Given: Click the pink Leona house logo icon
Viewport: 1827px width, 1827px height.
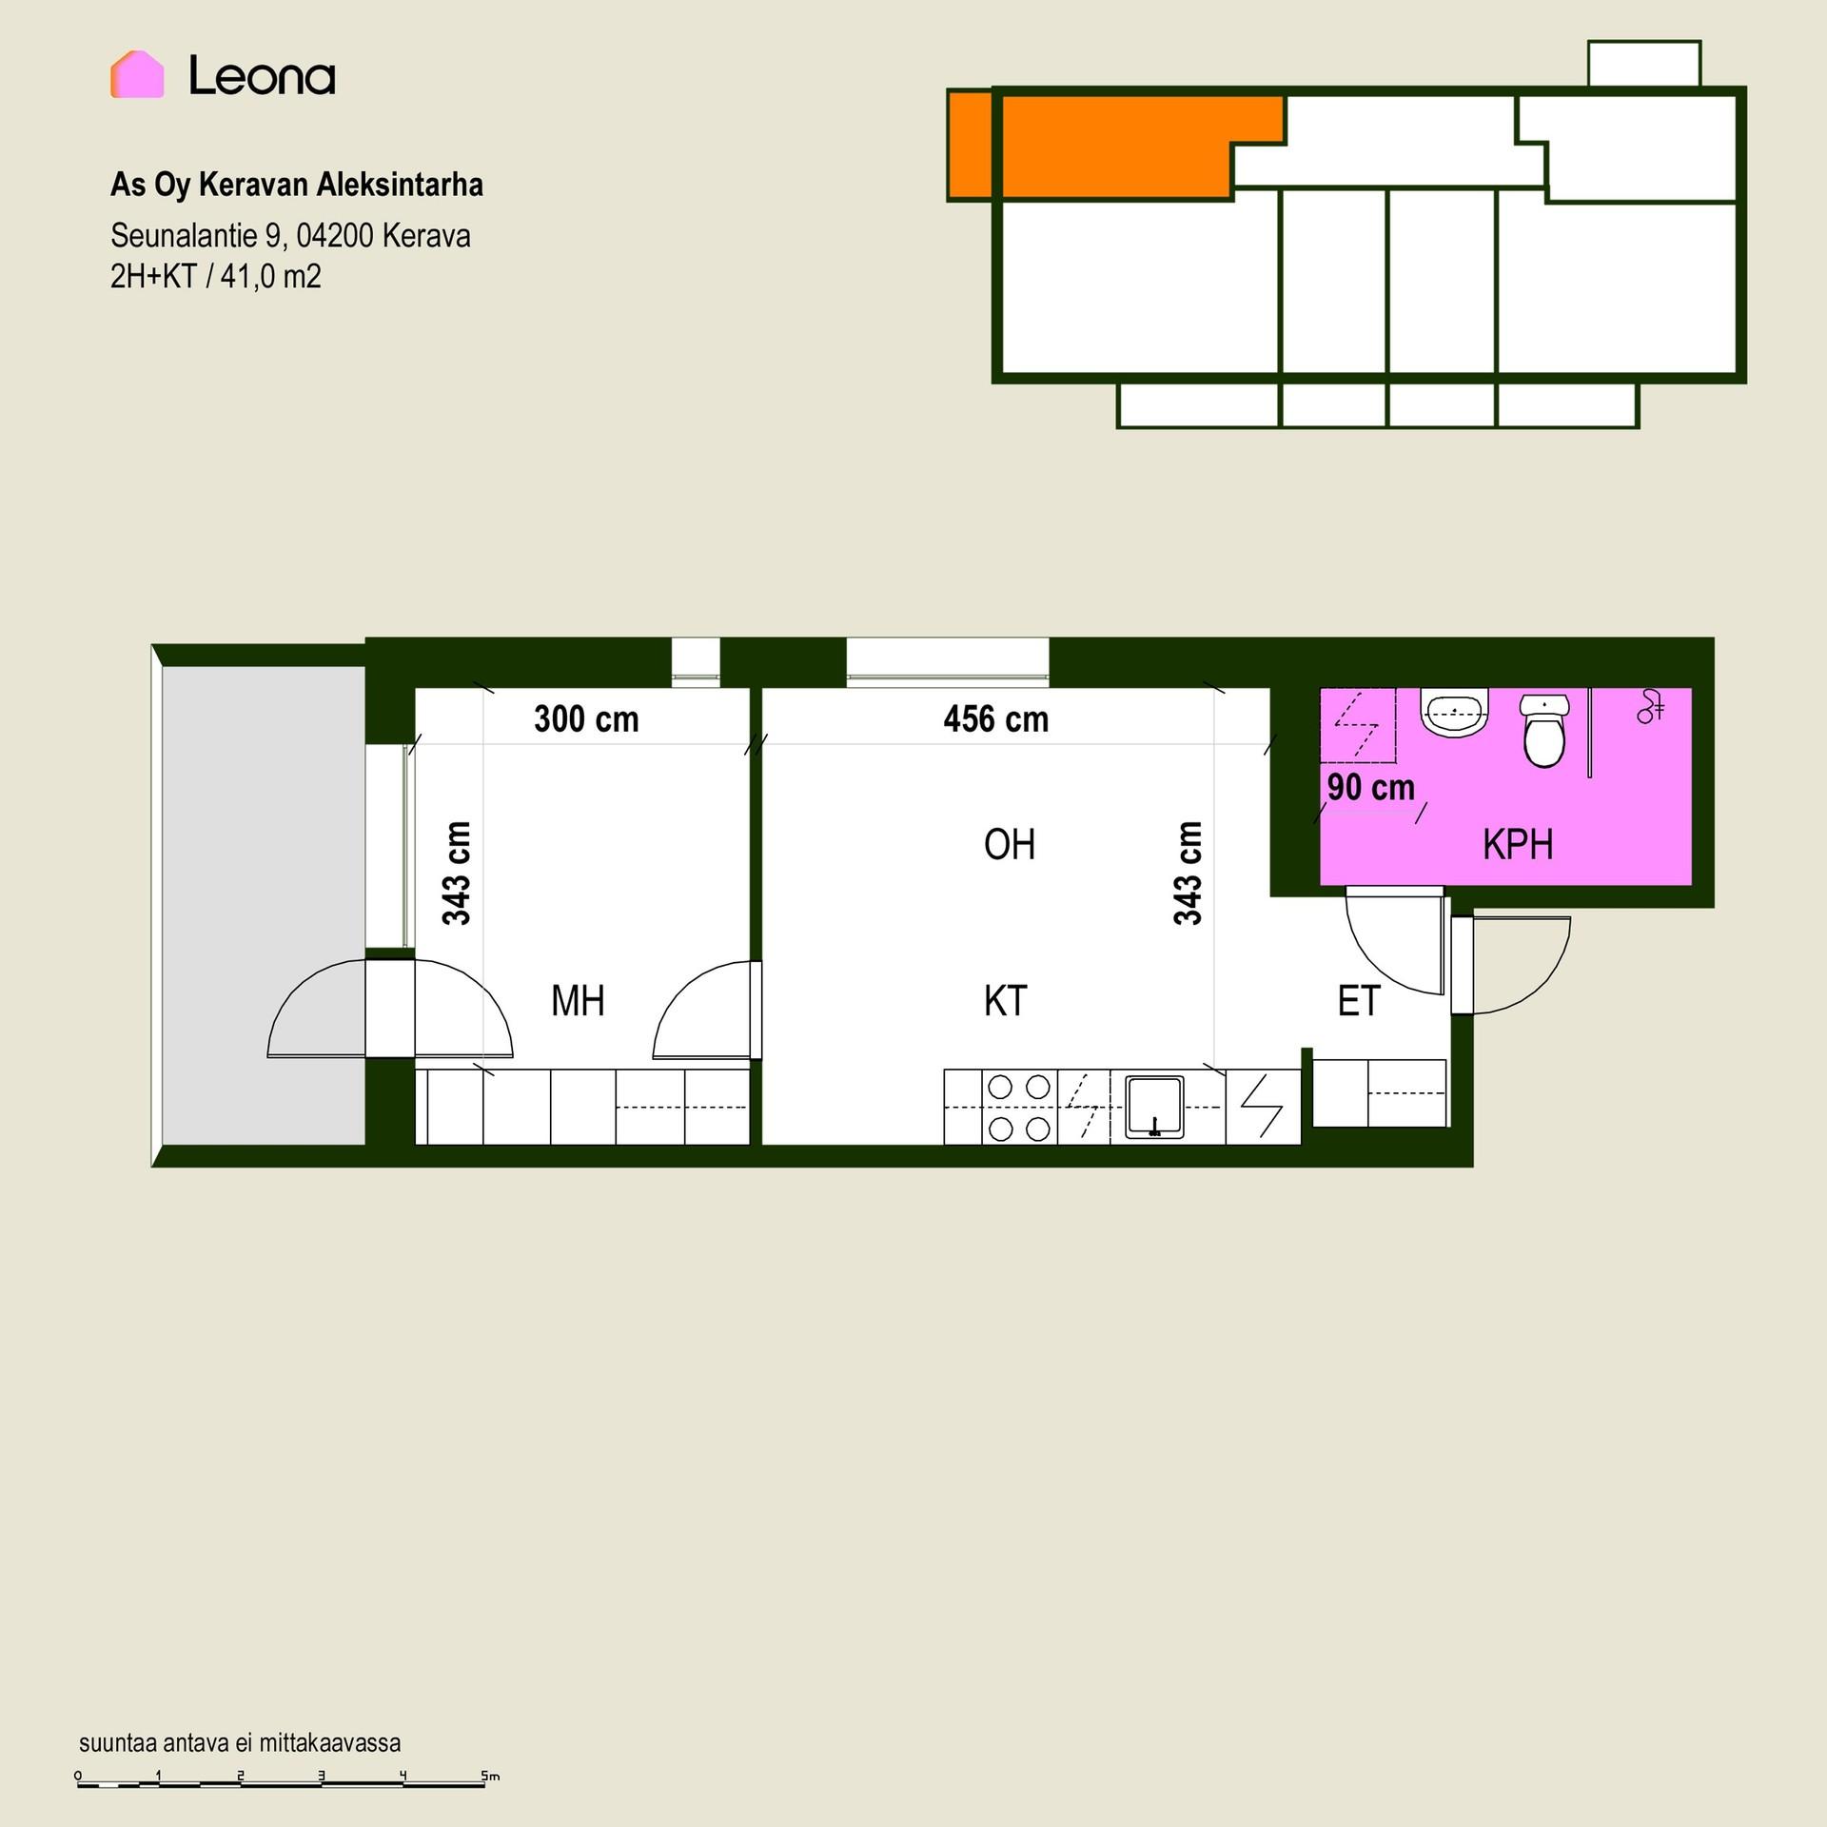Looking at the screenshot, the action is click(137, 74).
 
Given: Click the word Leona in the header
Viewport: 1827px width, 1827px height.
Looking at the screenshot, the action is click(262, 75).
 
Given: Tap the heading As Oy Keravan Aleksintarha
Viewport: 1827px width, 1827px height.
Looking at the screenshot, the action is click(297, 185).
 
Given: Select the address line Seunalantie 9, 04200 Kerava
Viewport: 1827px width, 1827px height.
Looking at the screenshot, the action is click(290, 236).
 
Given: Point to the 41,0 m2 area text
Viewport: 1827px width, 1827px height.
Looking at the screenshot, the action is click(271, 277).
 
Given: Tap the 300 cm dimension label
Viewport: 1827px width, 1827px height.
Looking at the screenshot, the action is click(586, 719).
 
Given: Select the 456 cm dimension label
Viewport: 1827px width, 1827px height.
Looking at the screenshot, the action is click(996, 719).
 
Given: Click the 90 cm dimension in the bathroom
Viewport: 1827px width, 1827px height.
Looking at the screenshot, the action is click(1371, 787).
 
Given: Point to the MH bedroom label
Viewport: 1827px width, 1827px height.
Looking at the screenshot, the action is click(578, 1001).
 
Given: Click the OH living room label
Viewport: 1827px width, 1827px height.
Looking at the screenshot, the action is click(1010, 845).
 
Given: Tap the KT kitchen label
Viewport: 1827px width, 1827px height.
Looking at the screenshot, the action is click(1006, 1001).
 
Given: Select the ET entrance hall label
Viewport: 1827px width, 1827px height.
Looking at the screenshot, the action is click(1359, 1001).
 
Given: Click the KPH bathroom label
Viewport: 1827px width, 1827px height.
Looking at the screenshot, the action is click(1518, 845).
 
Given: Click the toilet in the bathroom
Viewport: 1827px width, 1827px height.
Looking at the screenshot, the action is click(1543, 730).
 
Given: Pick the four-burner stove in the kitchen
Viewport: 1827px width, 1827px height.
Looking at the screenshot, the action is click(1019, 1107).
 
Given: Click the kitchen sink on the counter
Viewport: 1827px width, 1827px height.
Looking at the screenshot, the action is click(1154, 1107).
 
